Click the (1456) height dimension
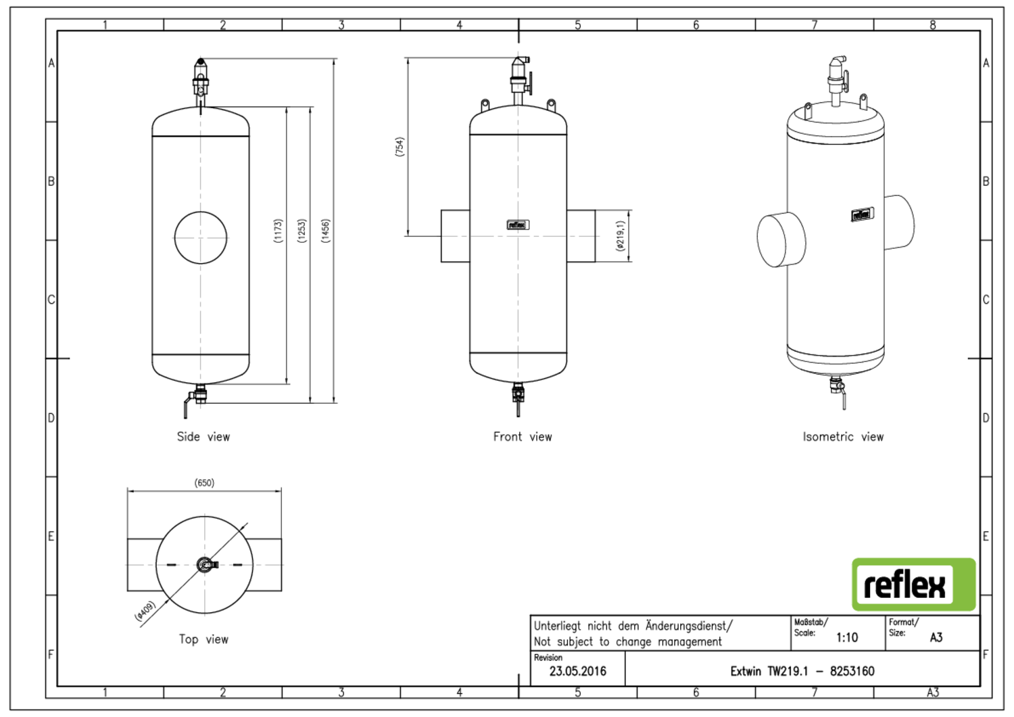pyautogui.click(x=325, y=231)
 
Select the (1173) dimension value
pyautogui.click(x=278, y=231)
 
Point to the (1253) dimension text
pyautogui.click(x=301, y=231)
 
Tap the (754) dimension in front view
pyautogui.click(x=400, y=147)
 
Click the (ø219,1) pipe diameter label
pyautogui.click(x=621, y=236)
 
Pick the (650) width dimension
pyautogui.click(x=204, y=483)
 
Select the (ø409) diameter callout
pyautogui.click(x=145, y=611)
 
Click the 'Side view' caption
pyautogui.click(x=203, y=437)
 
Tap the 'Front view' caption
pyautogui.click(x=523, y=437)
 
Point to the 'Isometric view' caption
pyautogui.click(x=843, y=437)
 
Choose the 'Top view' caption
pyautogui.click(x=203, y=639)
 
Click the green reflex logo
pyautogui.click(x=913, y=584)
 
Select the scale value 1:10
pyautogui.click(x=846, y=637)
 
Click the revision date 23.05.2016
pyautogui.click(x=577, y=671)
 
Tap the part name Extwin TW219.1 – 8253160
pyautogui.click(x=802, y=671)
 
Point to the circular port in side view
pyautogui.click(x=201, y=237)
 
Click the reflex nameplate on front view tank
pyautogui.click(x=518, y=225)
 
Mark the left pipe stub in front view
pyautogui.click(x=455, y=236)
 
